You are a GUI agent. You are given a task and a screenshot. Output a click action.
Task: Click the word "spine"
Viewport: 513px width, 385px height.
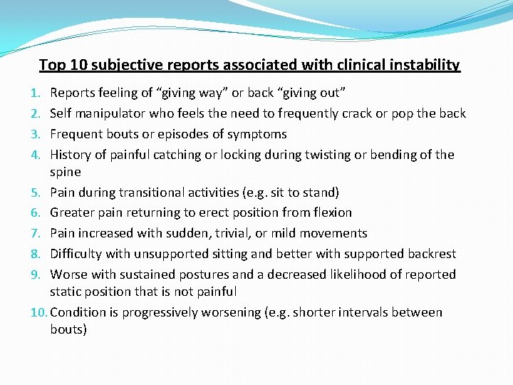click(66, 172)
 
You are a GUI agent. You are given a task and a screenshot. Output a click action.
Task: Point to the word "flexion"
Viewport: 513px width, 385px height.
click(329, 212)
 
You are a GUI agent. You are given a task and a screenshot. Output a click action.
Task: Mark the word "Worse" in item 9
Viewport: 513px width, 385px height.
click(70, 274)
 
